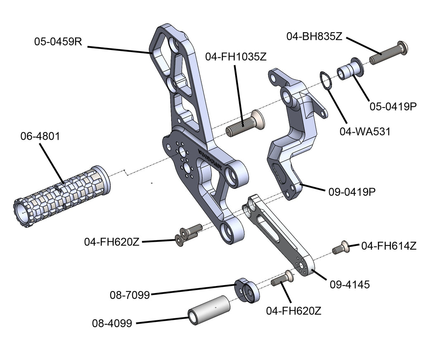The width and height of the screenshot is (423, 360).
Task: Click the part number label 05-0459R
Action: pyautogui.click(x=58, y=42)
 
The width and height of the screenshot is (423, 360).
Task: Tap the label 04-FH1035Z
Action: pyautogui.click(x=235, y=57)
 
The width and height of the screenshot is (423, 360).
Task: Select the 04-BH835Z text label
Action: pyautogui.click(x=314, y=36)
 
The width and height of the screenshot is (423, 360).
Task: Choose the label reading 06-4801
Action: pyautogui.click(x=40, y=136)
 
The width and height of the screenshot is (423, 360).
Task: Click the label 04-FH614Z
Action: pyautogui.click(x=388, y=246)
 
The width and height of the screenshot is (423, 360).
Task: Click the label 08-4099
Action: pyautogui.click(x=112, y=323)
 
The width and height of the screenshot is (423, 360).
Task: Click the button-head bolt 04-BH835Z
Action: pyautogui.click(x=388, y=53)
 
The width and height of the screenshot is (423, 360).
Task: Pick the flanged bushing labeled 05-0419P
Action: pyautogui.click(x=350, y=69)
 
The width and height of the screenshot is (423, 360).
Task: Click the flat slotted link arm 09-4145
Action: pyautogui.click(x=279, y=236)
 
